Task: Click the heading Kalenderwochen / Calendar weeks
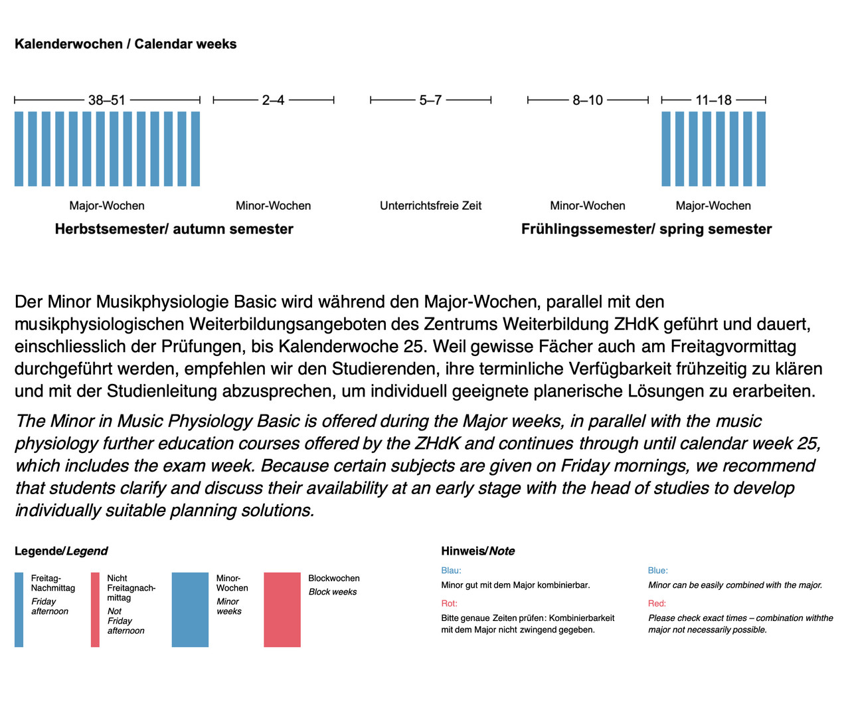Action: click(126, 44)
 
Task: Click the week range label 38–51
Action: click(107, 100)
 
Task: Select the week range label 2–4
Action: click(273, 100)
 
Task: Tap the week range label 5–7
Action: click(430, 100)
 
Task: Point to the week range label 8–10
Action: click(588, 100)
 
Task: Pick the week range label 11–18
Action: click(713, 100)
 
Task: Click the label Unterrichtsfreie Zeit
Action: click(430, 206)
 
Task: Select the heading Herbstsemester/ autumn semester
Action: click(174, 229)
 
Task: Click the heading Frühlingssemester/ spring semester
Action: click(646, 229)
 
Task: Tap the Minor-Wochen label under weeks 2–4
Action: click(273, 206)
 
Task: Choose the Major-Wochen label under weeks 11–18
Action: click(713, 206)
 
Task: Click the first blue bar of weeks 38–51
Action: click(19, 149)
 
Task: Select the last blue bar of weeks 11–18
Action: click(761, 149)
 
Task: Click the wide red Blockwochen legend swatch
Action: click(282, 610)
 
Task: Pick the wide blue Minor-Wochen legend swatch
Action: click(190, 610)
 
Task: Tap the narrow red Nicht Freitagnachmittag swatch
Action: click(95, 610)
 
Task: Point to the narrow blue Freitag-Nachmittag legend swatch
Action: click(19, 610)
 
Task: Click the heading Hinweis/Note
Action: click(477, 551)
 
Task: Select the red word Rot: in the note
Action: click(449, 604)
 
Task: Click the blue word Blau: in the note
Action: click(451, 571)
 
